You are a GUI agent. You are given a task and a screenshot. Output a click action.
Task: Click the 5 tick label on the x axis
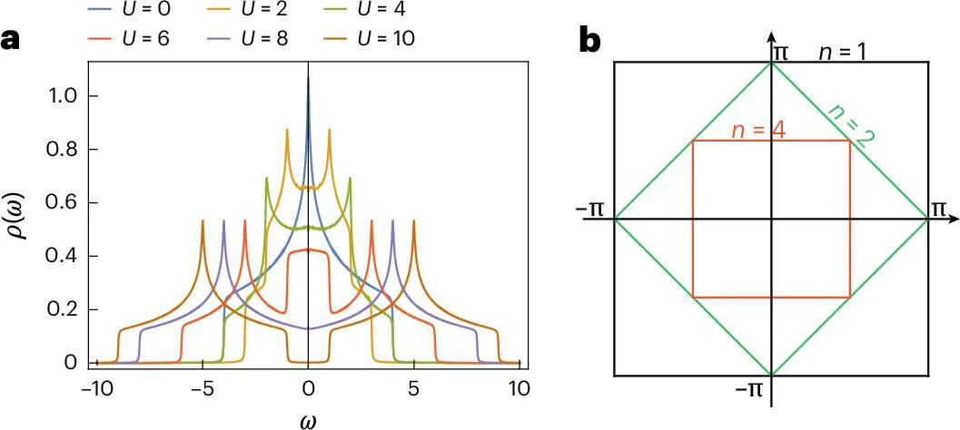[x=413, y=388]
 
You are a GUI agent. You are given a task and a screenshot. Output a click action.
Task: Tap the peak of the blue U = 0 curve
[x=309, y=79]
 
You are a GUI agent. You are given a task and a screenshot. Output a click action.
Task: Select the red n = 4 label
[x=758, y=129]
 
